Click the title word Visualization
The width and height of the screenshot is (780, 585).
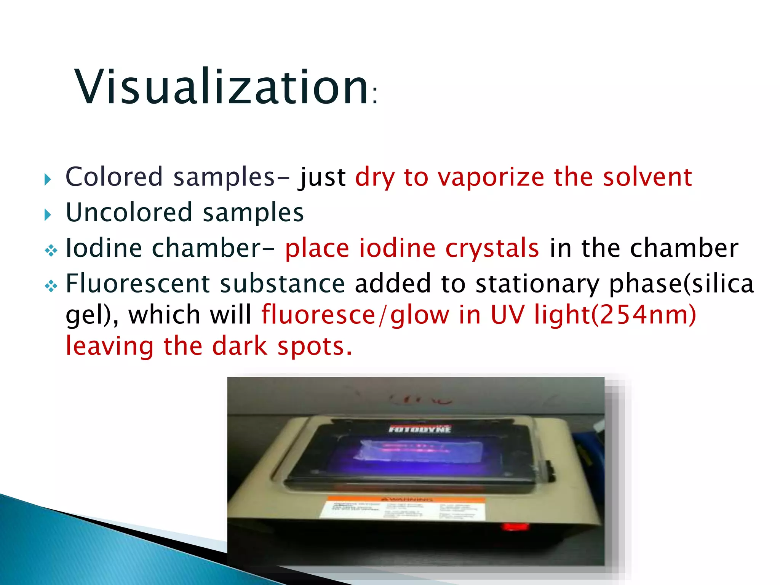point(221,87)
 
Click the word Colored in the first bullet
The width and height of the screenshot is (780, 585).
point(114,177)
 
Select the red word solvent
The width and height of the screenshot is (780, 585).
point(647,177)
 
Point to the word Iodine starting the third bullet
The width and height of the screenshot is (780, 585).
point(104,248)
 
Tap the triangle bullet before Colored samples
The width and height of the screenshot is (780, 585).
point(47,179)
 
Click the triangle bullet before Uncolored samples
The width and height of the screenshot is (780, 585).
point(47,214)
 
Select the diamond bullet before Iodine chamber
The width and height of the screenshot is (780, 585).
point(51,251)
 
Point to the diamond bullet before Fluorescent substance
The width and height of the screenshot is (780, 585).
point(51,286)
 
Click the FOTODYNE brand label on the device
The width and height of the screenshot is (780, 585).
point(419,429)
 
